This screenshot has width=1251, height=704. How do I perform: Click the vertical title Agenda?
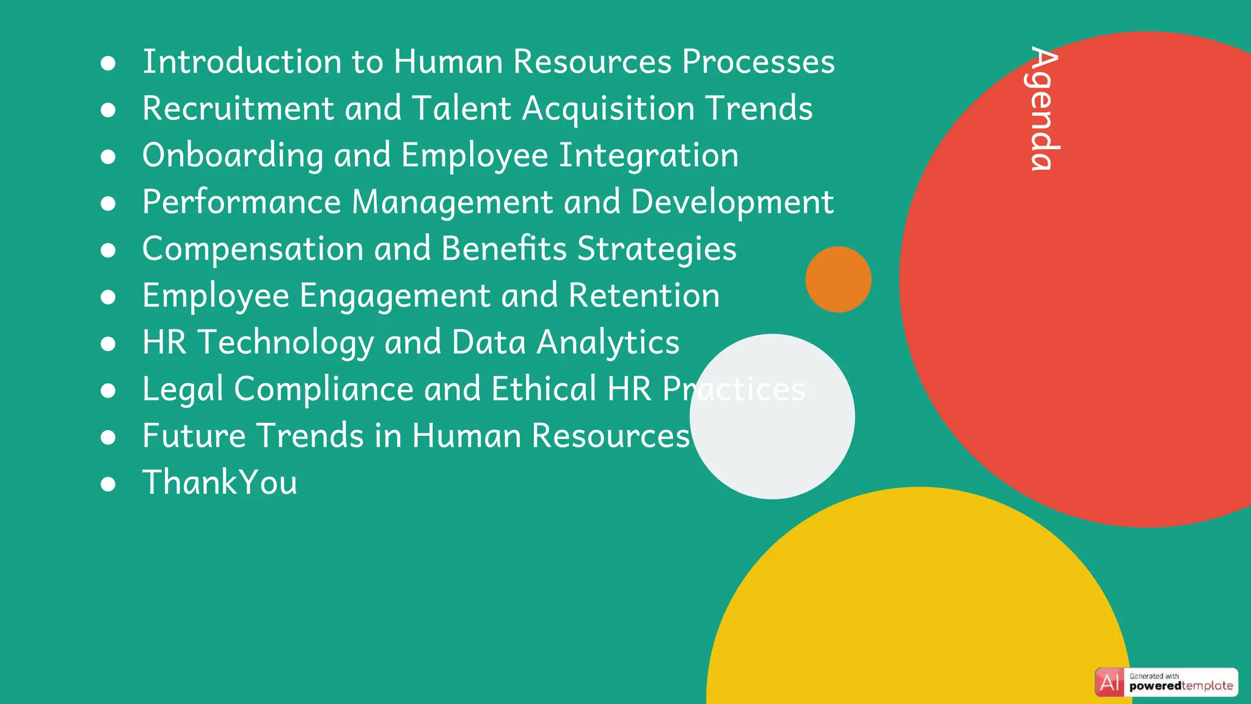click(1044, 108)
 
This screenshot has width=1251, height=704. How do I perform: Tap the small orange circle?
click(838, 279)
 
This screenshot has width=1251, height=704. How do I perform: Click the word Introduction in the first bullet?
click(241, 62)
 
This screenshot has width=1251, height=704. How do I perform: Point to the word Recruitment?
click(238, 109)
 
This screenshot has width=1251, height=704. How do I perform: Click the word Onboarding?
click(233, 155)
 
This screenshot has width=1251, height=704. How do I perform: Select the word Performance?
click(242, 202)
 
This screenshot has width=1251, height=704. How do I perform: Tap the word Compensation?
click(253, 249)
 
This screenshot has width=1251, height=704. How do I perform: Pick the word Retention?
click(644, 296)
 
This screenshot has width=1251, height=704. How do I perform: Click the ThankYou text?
click(220, 482)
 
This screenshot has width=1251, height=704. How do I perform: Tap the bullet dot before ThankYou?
click(108, 485)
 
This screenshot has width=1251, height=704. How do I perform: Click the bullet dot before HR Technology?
click(108, 344)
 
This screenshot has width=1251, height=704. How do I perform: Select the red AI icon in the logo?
click(1109, 682)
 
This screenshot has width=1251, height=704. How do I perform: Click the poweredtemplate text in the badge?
click(1181, 686)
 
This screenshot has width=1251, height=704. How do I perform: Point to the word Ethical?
click(544, 389)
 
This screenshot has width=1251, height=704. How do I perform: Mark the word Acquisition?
click(608, 109)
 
